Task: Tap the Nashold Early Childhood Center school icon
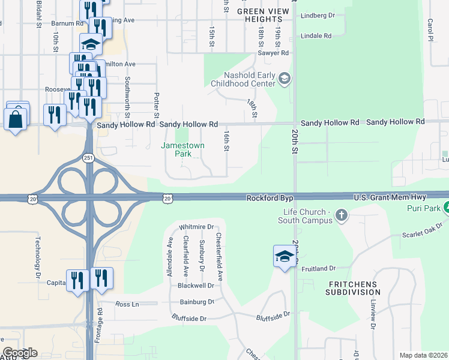click(x=285, y=79)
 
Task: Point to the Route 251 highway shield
click(x=88, y=157)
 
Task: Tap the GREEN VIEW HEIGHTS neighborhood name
click(x=264, y=15)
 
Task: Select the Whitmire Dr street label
click(x=197, y=227)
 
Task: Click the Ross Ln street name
click(x=127, y=304)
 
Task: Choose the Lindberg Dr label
click(x=318, y=14)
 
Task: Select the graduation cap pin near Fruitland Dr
click(x=285, y=257)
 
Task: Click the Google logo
click(x=19, y=353)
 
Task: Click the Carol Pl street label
click(x=430, y=26)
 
